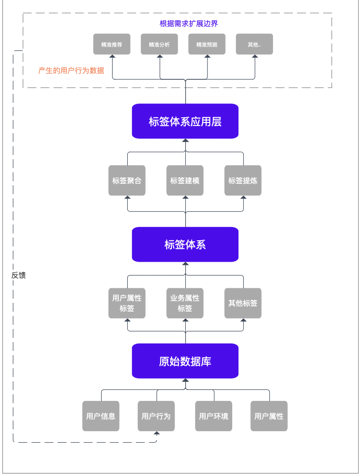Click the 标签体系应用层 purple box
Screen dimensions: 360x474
click(x=185, y=121)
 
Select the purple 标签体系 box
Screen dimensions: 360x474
click(x=185, y=244)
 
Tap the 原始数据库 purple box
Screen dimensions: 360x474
click(x=185, y=361)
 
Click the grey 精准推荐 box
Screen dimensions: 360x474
click(x=112, y=44)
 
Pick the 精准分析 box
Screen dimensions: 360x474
click(x=159, y=44)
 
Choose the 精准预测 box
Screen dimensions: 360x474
click(x=207, y=44)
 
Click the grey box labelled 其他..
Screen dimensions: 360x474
click(x=254, y=44)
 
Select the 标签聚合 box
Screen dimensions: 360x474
click(x=127, y=180)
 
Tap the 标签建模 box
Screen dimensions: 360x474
click(x=185, y=180)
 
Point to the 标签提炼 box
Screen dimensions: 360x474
click(x=243, y=180)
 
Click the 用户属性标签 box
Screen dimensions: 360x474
click(x=127, y=303)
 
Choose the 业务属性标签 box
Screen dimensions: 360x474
click(x=185, y=303)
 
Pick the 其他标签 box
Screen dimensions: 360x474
click(x=243, y=303)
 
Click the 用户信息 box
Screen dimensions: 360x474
click(x=101, y=416)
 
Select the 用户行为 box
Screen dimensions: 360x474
click(x=156, y=416)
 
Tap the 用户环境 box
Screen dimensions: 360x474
click(x=214, y=416)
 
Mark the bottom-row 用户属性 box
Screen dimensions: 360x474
click(x=269, y=416)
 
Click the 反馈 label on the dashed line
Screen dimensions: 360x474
click(x=19, y=275)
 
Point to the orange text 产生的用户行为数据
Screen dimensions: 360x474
click(x=71, y=70)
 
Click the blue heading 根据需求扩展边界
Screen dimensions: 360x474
click(x=189, y=24)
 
